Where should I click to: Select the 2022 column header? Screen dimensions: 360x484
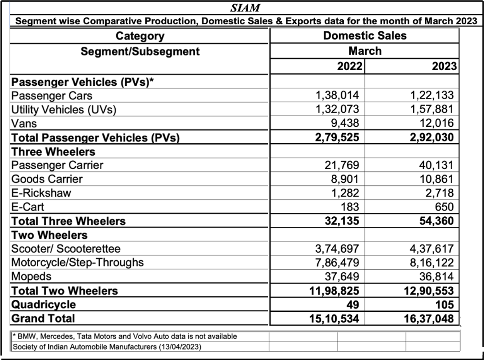point(349,66)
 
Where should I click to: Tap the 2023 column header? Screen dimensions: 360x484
point(445,66)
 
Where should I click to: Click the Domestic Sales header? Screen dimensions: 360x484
point(365,36)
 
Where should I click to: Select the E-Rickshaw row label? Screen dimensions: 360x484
point(41,193)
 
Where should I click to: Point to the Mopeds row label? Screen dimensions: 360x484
point(31,276)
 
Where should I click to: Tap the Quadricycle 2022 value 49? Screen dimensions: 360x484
point(353,304)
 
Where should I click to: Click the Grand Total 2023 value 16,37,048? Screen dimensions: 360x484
point(428,318)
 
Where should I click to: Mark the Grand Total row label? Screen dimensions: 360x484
point(43,318)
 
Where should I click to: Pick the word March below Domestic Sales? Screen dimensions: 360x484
point(365,51)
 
